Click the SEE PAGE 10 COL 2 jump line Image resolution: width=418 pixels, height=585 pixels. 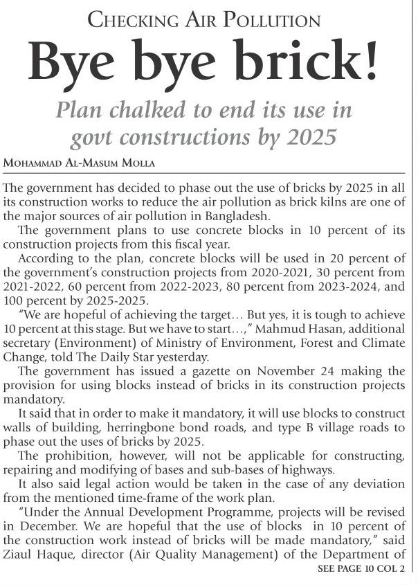[361, 568]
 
